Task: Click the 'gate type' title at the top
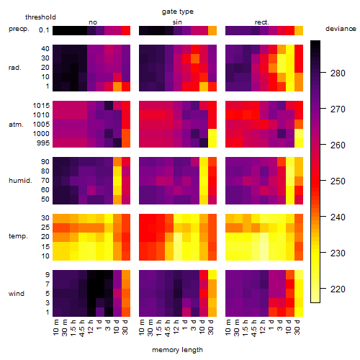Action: pos(178,12)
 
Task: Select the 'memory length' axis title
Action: pos(177,350)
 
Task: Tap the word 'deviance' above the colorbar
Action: pos(341,29)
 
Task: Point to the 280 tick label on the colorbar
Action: pos(338,73)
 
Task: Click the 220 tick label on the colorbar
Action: pos(338,289)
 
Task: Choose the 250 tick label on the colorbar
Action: pos(338,181)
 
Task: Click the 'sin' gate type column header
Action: pos(177,22)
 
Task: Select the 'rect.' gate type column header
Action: pos(262,22)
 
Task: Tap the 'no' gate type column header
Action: pos(93,22)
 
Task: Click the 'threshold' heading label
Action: pos(40,17)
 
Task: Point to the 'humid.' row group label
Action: pos(20,181)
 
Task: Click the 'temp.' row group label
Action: pos(18,236)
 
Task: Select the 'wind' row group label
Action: pos(17,294)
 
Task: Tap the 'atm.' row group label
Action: pos(16,125)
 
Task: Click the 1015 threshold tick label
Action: pos(41,106)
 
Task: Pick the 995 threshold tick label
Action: pos(43,143)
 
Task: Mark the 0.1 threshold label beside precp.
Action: pos(44,30)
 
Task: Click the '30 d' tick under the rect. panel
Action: pos(297,327)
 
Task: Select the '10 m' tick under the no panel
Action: pos(55,328)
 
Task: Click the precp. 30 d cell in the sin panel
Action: pos(212,31)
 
